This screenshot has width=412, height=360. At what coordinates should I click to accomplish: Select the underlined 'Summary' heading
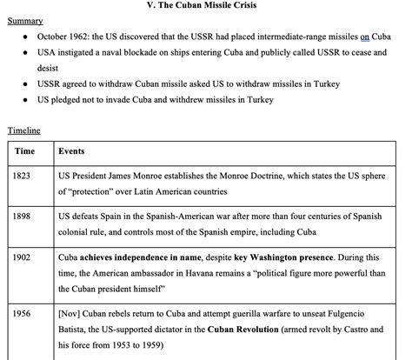[x=25, y=20]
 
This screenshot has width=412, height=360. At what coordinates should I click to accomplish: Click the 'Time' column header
[x=25, y=151]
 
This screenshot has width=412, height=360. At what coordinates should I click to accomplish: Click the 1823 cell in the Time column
[x=23, y=177]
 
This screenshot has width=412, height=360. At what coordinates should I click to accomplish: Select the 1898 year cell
[x=23, y=217]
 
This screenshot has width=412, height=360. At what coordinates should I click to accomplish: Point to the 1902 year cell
[x=23, y=258]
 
